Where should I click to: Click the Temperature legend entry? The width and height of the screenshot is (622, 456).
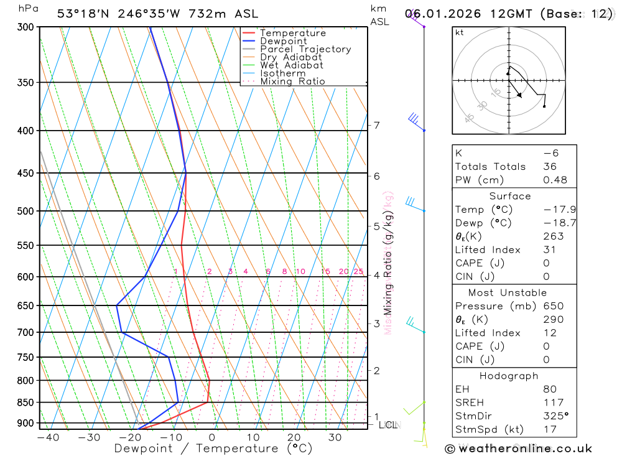[x=292, y=33]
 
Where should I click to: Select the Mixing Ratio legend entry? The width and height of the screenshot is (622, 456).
[x=292, y=81]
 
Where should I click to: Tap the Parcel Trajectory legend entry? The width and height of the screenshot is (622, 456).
[x=305, y=49]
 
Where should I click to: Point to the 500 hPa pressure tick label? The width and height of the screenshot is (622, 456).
[x=24, y=211]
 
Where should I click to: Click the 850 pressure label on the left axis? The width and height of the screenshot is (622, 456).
[x=24, y=402]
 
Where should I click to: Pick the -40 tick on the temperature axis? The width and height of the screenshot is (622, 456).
[x=48, y=437]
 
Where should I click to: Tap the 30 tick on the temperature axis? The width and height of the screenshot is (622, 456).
[x=335, y=437]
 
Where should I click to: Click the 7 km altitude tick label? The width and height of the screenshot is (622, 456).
[x=376, y=125]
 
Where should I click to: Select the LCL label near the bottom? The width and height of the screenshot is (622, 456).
[x=388, y=425]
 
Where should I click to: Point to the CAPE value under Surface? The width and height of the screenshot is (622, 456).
[x=546, y=263]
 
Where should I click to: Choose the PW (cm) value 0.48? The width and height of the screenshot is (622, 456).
[x=555, y=180]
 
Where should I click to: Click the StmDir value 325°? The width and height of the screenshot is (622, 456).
[x=555, y=416]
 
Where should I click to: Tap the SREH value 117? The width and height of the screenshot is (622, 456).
[x=553, y=402]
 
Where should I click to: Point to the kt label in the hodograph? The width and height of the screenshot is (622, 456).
[x=460, y=32]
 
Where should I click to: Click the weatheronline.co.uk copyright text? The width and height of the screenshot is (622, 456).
[x=518, y=449]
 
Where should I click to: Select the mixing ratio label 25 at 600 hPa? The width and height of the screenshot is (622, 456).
[x=358, y=271]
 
